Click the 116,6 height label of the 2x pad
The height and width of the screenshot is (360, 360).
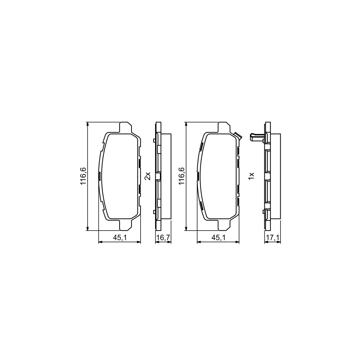pyautogui.click(x=83, y=176)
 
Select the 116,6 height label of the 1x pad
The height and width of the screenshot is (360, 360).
pyautogui.click(x=182, y=176)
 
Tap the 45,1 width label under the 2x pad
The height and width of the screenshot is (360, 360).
pyautogui.click(x=120, y=238)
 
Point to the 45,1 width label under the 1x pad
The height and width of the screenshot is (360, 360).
pyautogui.click(x=218, y=238)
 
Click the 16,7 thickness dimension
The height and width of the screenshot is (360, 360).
pyautogui.click(x=163, y=238)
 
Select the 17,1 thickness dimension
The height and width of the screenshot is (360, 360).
pyautogui.click(x=272, y=238)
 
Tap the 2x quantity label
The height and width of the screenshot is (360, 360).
pyautogui.click(x=148, y=176)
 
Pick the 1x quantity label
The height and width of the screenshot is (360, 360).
pyautogui.click(x=251, y=176)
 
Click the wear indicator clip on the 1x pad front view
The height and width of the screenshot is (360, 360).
pyautogui.click(x=237, y=135)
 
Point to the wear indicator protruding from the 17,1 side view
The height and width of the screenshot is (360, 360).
pyautogui.click(x=256, y=136)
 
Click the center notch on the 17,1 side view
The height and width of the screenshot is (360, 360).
pyautogui.click(x=267, y=176)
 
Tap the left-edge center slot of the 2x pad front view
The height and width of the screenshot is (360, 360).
pyautogui.click(x=99, y=176)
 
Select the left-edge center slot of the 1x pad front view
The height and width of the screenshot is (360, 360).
pyautogui.click(x=198, y=176)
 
